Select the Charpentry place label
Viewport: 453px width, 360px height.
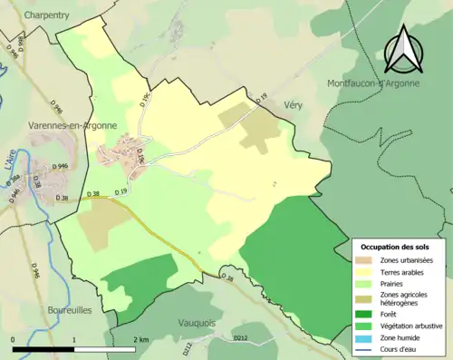click(x=48, y=15)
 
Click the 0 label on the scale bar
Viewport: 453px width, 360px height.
click(x=14, y=339)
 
